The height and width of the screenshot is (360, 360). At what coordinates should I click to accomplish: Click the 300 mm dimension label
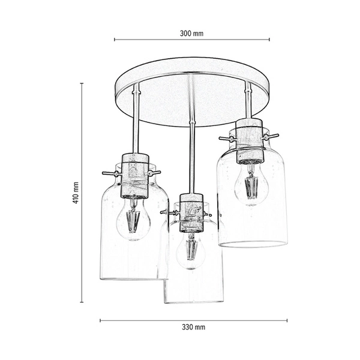pos(191,34)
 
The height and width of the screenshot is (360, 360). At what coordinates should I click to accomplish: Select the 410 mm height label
pos(76,193)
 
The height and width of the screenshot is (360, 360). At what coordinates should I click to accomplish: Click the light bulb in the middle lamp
pos(191,251)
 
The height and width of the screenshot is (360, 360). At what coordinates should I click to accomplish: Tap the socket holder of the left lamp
pos(134,175)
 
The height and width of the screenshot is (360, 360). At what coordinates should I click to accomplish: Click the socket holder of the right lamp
pos(249,141)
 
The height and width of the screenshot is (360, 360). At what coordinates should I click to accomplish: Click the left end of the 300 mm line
pos(115,40)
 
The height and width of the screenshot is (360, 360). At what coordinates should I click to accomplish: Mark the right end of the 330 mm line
pos(287,320)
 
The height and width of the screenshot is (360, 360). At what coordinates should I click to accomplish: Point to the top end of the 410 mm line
pos(82,84)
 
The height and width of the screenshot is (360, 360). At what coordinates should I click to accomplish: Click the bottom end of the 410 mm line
pos(82,302)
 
